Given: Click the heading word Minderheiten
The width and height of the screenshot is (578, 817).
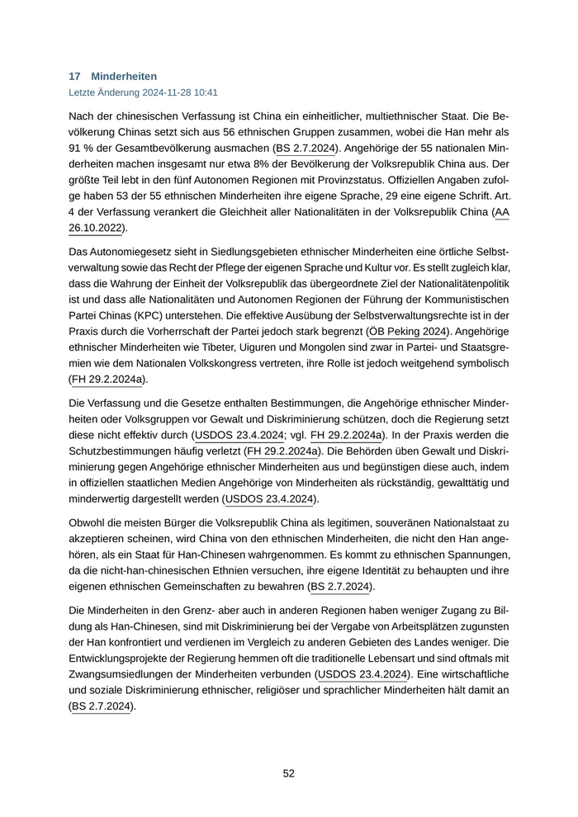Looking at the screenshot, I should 124,76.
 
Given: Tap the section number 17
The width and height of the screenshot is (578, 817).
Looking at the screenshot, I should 74,76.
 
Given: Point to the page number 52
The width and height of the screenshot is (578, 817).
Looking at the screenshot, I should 289,773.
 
